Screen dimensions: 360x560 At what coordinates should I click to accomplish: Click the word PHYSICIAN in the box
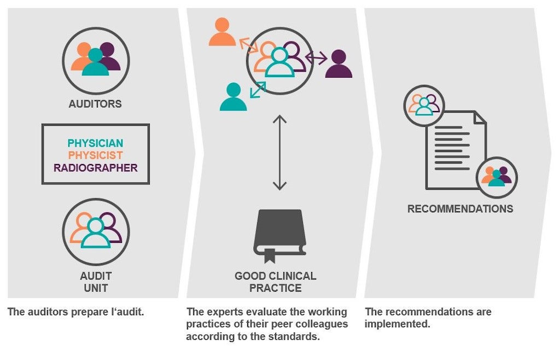(x=95, y=143)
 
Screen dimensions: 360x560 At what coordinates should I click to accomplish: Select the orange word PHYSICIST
(x=95, y=155)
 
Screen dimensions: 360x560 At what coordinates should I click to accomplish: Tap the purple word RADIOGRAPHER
(x=95, y=167)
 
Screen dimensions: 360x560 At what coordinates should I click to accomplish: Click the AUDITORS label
(x=95, y=103)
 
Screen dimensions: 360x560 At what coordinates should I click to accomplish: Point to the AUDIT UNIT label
(x=95, y=282)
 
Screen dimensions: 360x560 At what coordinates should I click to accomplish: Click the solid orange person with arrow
(x=222, y=33)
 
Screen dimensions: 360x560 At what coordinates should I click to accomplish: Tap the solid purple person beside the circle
(x=339, y=64)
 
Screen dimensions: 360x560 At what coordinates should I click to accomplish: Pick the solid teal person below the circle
(x=233, y=97)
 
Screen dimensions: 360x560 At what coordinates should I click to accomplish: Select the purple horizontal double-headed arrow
(x=316, y=57)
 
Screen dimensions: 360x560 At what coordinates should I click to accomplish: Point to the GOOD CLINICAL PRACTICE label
(x=275, y=282)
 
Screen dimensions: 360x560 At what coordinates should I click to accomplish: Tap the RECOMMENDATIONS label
(x=460, y=208)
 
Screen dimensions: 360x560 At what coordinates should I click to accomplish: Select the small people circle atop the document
(x=424, y=105)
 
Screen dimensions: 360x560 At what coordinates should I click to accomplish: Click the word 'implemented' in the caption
(x=396, y=324)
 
